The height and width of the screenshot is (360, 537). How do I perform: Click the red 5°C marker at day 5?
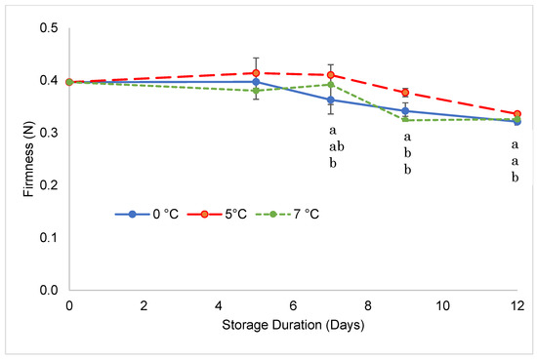256,73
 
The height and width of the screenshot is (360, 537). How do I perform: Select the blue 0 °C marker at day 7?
331,100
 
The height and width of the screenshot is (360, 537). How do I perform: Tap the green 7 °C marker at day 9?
405,120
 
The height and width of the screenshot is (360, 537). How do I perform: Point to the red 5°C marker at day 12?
517,114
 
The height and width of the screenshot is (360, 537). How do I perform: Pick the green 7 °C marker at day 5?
256,91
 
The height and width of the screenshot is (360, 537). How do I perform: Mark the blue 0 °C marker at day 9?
405,111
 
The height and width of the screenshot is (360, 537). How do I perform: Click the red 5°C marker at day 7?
331,75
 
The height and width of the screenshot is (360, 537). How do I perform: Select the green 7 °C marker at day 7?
331,85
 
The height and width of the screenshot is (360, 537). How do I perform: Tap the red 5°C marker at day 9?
405,93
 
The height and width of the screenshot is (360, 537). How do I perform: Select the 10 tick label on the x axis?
442,305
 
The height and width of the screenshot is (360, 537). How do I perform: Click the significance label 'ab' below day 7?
332,146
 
